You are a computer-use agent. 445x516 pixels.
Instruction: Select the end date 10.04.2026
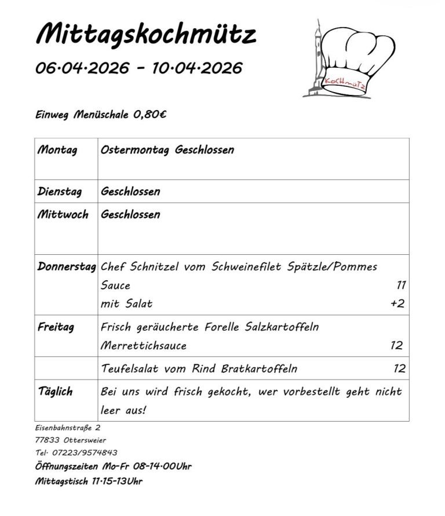click(x=197, y=68)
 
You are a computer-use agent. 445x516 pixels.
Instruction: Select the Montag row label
click(x=57, y=151)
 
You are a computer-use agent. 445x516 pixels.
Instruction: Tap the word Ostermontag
click(x=134, y=151)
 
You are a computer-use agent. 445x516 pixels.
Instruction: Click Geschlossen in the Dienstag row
click(x=130, y=192)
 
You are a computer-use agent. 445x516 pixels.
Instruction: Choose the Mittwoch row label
click(x=63, y=215)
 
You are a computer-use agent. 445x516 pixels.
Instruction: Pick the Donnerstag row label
click(x=67, y=268)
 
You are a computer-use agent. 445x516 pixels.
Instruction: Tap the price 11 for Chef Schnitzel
click(x=400, y=286)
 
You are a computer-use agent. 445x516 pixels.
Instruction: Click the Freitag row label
click(x=56, y=327)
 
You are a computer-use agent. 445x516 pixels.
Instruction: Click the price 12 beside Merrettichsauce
click(x=396, y=346)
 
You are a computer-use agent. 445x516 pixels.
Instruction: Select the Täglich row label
click(x=55, y=392)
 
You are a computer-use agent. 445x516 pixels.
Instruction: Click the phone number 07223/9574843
click(x=85, y=452)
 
